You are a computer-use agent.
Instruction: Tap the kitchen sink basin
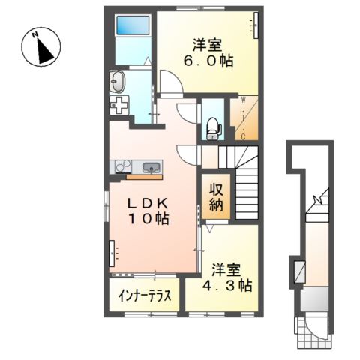point(149,167)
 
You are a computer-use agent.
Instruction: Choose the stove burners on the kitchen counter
point(120,167)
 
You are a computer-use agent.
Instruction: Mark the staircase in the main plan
point(244,184)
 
